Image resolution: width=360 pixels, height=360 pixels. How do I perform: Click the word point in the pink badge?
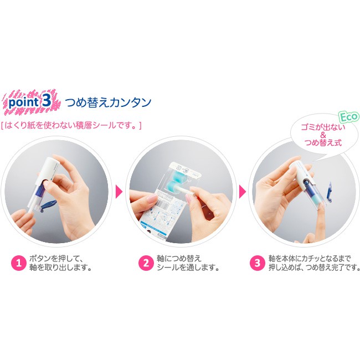(23, 102)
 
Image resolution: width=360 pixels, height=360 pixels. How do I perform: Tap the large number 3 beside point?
(47, 101)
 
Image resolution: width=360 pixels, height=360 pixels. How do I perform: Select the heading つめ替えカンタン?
(108, 102)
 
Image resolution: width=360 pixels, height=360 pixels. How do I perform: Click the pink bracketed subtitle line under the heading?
(71, 125)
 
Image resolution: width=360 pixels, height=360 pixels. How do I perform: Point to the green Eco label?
(349, 117)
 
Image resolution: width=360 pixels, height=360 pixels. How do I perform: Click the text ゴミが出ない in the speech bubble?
(323, 127)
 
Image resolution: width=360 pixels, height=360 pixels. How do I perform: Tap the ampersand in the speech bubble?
(323, 135)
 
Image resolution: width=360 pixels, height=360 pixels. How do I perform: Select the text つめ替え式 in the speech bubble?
(323, 142)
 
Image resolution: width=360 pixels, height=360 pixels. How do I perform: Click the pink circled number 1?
(19, 263)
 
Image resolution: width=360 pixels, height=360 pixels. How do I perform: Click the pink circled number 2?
(146, 263)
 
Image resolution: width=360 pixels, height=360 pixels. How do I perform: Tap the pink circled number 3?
(258, 263)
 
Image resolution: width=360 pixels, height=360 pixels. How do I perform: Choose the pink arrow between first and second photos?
(119, 192)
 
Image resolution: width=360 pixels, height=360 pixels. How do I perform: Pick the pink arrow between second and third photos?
(243, 192)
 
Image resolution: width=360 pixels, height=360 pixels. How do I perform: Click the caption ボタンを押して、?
(56, 259)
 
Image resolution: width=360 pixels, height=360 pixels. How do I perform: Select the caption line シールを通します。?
(188, 268)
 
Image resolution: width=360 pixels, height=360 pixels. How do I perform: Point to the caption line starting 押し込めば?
(315, 268)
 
